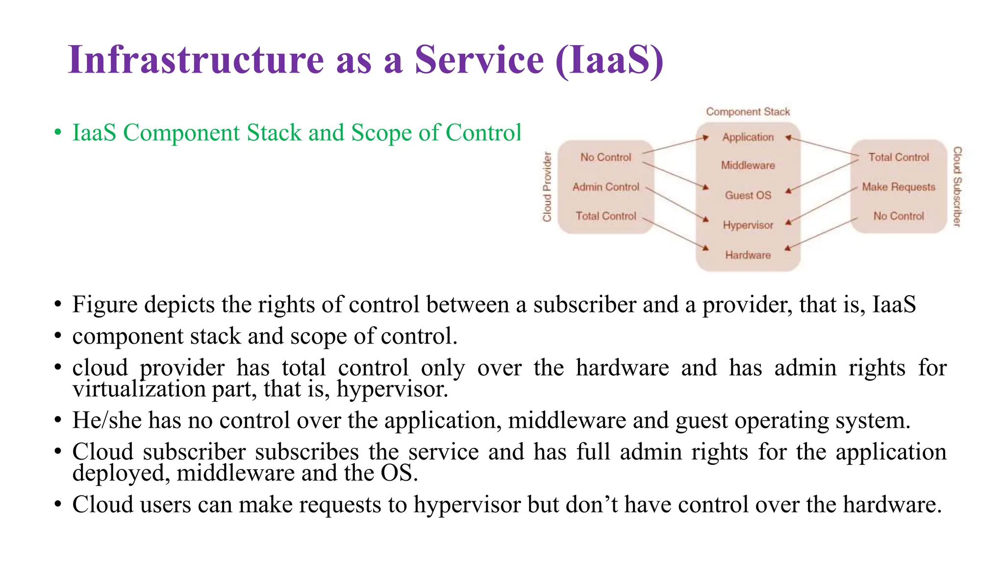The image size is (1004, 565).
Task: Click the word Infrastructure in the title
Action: pos(196,60)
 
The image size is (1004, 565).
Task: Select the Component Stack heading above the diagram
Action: pos(748,112)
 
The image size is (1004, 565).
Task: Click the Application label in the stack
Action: pos(748,137)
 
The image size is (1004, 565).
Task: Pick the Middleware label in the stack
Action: pos(748,165)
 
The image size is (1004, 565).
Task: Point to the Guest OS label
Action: pos(748,195)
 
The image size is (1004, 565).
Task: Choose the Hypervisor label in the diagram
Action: pos(748,225)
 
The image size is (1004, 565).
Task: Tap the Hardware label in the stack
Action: pos(748,255)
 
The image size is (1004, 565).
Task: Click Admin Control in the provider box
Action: pos(605,187)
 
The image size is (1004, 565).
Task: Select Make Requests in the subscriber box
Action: pos(898,187)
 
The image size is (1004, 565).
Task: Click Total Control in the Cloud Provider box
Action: pos(605,216)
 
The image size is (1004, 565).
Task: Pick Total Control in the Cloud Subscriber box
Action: pos(898,157)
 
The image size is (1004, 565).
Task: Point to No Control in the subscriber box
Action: pos(898,216)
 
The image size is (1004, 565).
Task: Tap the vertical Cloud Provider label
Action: pos(547,187)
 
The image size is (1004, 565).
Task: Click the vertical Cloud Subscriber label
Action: pos(957,187)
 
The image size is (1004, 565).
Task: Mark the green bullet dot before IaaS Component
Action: pos(58,133)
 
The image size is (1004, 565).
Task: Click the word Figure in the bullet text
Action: pos(104,305)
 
